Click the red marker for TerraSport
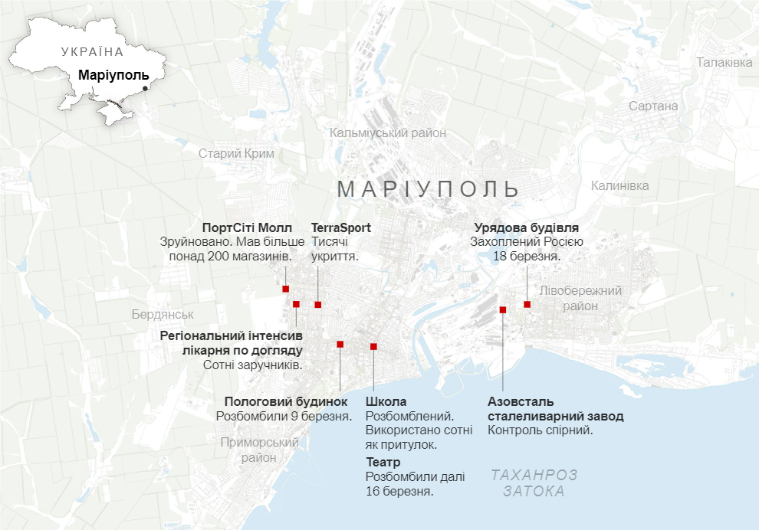pos(318,305)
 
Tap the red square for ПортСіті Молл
pos(286,289)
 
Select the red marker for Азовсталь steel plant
pos(503,309)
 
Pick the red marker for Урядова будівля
pos(527,304)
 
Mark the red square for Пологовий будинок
pos(340,344)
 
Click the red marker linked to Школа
pos(373,346)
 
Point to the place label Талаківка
pos(724,62)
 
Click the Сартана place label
pos(653,106)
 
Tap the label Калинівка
pos(619,185)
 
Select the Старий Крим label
pos(236,153)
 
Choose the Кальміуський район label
pos(388,132)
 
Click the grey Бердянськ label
pos(163,315)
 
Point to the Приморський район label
pos(258,450)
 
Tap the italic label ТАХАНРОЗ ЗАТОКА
pos(534,483)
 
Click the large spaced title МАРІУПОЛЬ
pos(429,188)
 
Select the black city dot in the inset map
pos(145,89)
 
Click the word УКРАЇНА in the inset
pos(92,52)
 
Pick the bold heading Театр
pos(383,463)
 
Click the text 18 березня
pos(527,257)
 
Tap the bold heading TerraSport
pos(341,227)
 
